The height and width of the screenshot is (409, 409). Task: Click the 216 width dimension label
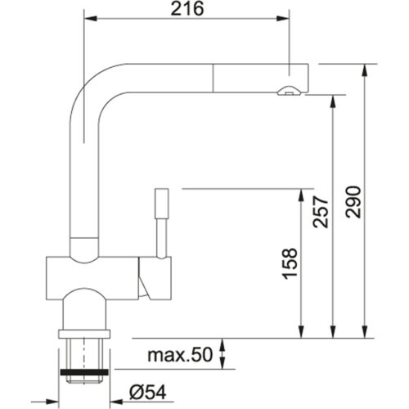coord(188,9)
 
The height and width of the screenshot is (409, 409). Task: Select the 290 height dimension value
coord(353,201)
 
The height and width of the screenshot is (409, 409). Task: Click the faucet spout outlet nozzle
coord(286,92)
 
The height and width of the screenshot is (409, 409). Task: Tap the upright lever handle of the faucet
coord(160,218)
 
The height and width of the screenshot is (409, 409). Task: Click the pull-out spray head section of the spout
coord(254,77)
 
